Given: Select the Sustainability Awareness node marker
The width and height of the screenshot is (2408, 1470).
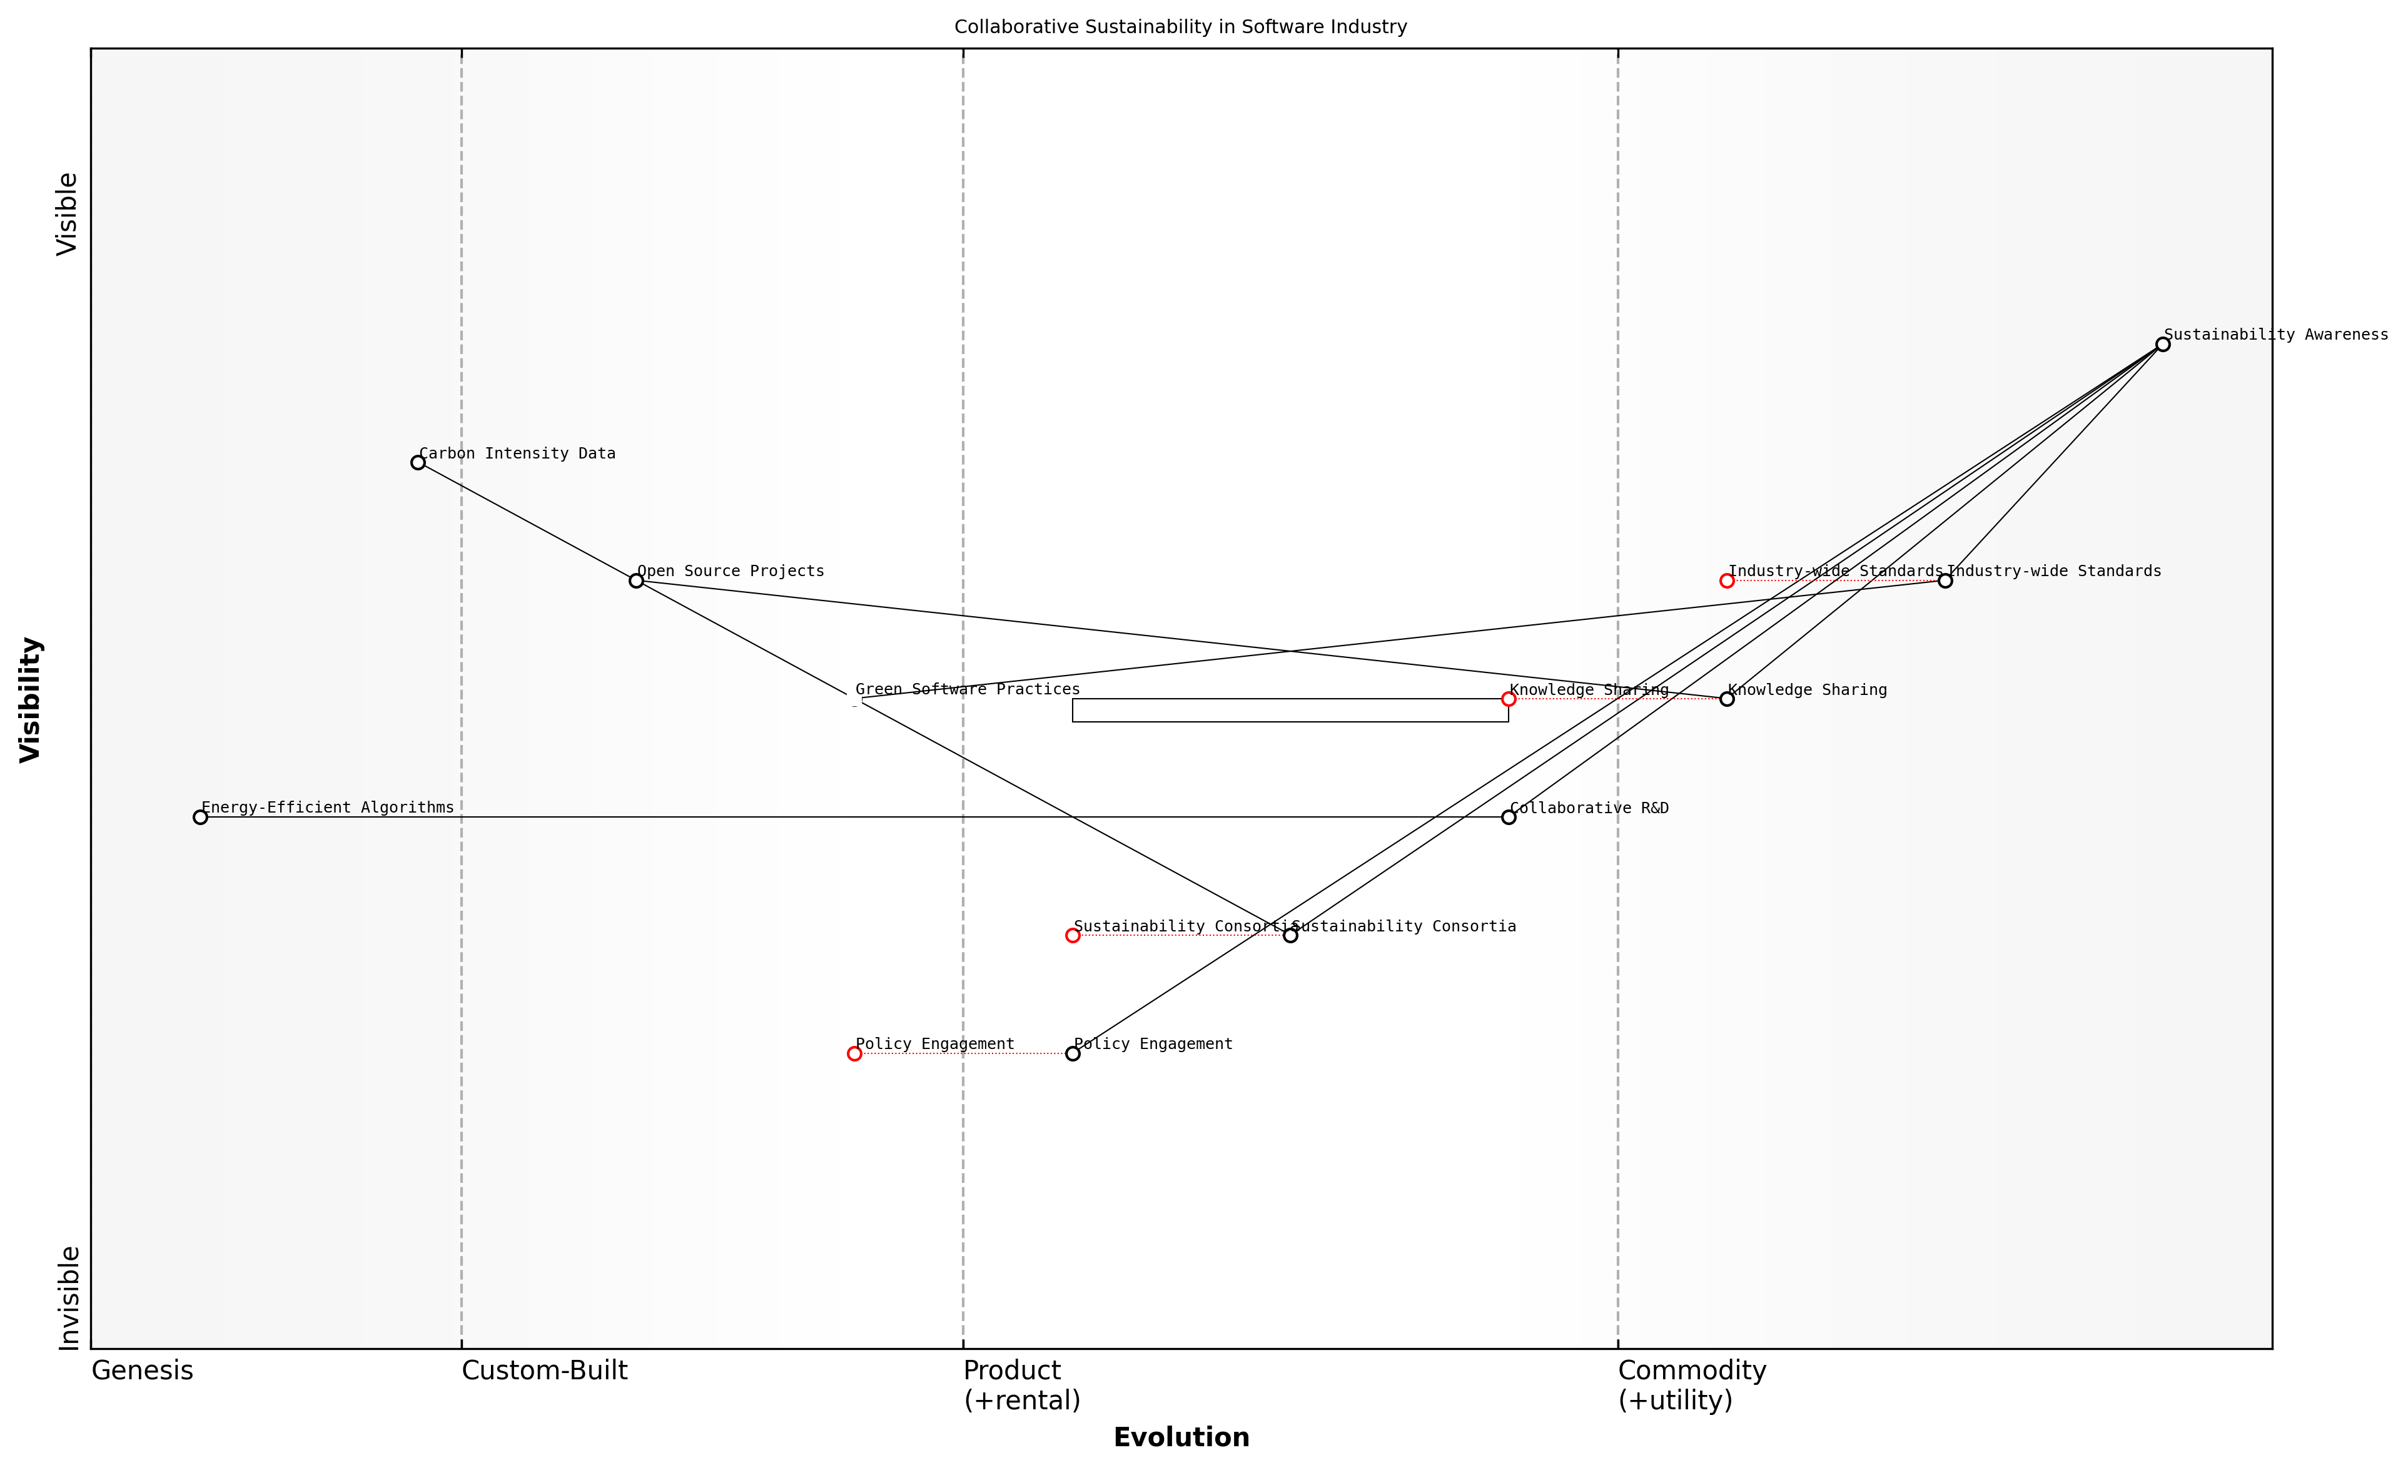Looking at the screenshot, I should click(2163, 344).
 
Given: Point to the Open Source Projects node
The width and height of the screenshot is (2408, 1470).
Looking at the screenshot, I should click(636, 580).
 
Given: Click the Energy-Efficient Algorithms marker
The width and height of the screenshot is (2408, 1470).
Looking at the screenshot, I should click(200, 817).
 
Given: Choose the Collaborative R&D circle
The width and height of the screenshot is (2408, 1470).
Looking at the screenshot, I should click(1509, 817).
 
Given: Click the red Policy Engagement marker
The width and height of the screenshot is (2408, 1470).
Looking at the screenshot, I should click(854, 1053).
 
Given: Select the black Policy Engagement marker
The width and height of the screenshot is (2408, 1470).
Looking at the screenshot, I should click(1073, 1053).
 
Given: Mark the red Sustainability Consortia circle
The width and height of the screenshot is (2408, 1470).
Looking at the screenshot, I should click(1073, 935).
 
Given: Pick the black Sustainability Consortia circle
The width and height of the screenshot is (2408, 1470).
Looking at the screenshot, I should click(1290, 935).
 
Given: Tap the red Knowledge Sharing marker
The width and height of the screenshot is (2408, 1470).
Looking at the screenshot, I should click(1509, 699).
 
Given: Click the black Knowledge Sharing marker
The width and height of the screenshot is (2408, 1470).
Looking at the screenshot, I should click(1727, 699).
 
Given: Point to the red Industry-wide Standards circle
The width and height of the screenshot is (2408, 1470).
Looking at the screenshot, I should click(1727, 580).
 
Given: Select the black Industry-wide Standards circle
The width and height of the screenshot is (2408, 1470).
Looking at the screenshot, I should click(1945, 580).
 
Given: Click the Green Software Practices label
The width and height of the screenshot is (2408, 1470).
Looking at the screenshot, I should click(968, 690).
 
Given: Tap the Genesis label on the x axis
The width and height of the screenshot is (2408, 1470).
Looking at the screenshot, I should click(143, 1371).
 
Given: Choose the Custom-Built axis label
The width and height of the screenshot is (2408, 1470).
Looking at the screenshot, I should click(544, 1371).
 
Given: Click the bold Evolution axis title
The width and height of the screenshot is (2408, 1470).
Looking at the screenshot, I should click(1181, 1437).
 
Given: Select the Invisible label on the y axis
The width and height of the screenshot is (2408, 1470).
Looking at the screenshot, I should click(68, 1298).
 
